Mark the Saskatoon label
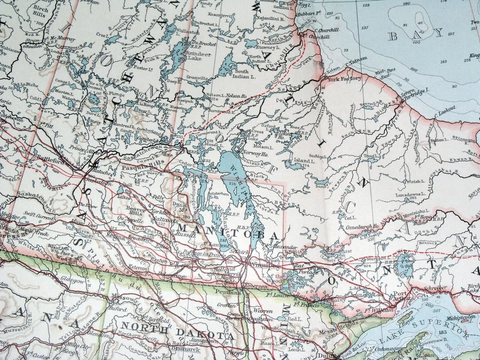[x=98, y=183]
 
